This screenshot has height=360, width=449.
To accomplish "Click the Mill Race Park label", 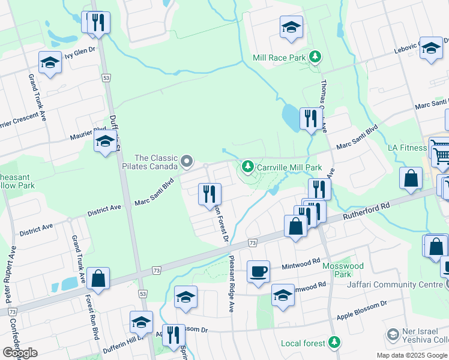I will [280, 58].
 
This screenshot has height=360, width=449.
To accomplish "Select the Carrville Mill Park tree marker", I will [247, 166].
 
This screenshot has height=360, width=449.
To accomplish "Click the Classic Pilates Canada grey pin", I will [187, 160].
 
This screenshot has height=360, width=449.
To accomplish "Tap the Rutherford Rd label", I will [367, 213].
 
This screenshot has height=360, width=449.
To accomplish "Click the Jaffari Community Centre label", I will [397, 285].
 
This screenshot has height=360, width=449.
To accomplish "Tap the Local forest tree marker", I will [334, 343].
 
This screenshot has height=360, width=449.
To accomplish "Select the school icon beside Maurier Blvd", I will [105, 142].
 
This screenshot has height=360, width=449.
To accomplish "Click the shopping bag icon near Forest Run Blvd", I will [98, 278].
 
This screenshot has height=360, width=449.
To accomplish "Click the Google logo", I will [20, 353].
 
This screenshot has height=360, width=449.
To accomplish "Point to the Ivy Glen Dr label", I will [80, 52].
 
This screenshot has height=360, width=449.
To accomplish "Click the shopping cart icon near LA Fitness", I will [441, 154].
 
